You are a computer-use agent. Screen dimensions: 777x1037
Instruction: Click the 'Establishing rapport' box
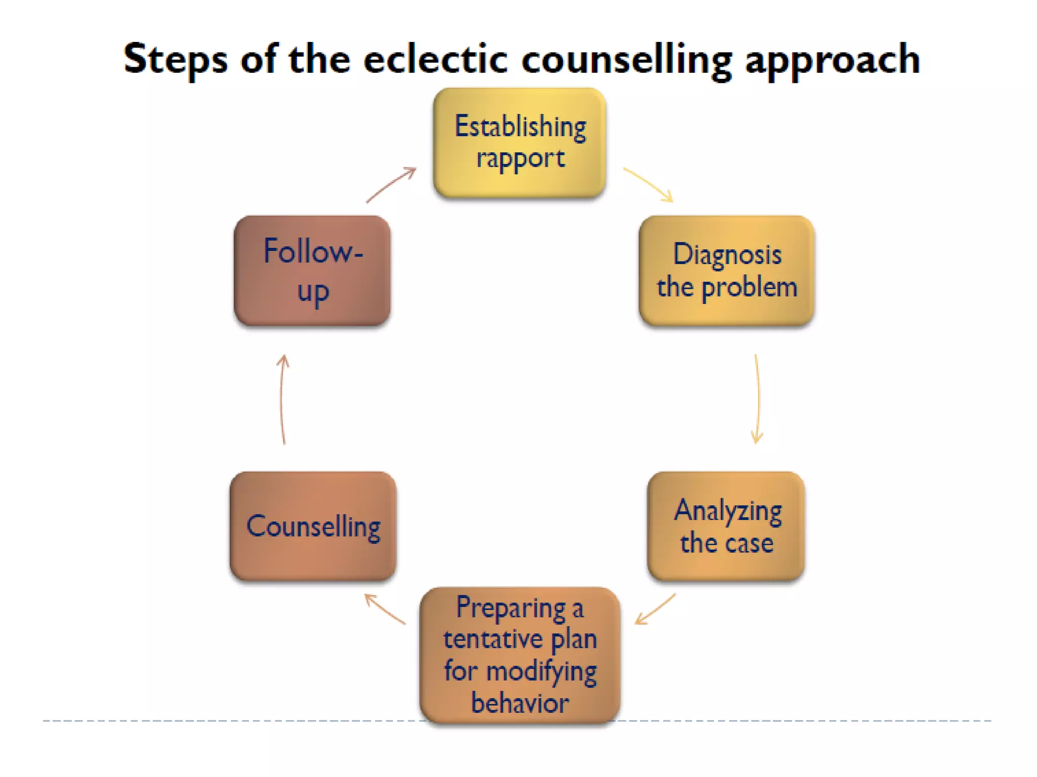point(520,143)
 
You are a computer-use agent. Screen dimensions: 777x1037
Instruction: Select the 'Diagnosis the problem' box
point(727,271)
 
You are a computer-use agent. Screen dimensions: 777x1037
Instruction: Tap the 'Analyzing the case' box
point(726,526)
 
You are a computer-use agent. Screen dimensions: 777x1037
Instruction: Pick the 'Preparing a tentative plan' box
point(520,655)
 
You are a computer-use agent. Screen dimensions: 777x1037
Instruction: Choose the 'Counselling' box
point(313,526)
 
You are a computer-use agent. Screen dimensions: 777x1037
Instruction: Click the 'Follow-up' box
point(312,271)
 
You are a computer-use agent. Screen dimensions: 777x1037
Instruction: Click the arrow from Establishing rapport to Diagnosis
point(648,184)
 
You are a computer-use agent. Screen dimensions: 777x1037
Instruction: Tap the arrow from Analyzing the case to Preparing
point(655,610)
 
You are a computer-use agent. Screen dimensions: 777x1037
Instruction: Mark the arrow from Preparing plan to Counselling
point(385,609)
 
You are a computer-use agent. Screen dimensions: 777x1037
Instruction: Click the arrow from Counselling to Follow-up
point(283,400)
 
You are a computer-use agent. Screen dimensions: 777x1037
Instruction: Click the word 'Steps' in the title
point(175,60)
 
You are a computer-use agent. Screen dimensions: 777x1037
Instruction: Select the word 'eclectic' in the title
point(435,59)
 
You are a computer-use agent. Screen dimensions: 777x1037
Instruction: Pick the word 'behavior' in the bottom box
point(520,703)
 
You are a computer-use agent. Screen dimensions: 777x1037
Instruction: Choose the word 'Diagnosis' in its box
point(727,255)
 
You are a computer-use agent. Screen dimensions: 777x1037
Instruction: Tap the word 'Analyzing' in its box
point(728,511)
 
